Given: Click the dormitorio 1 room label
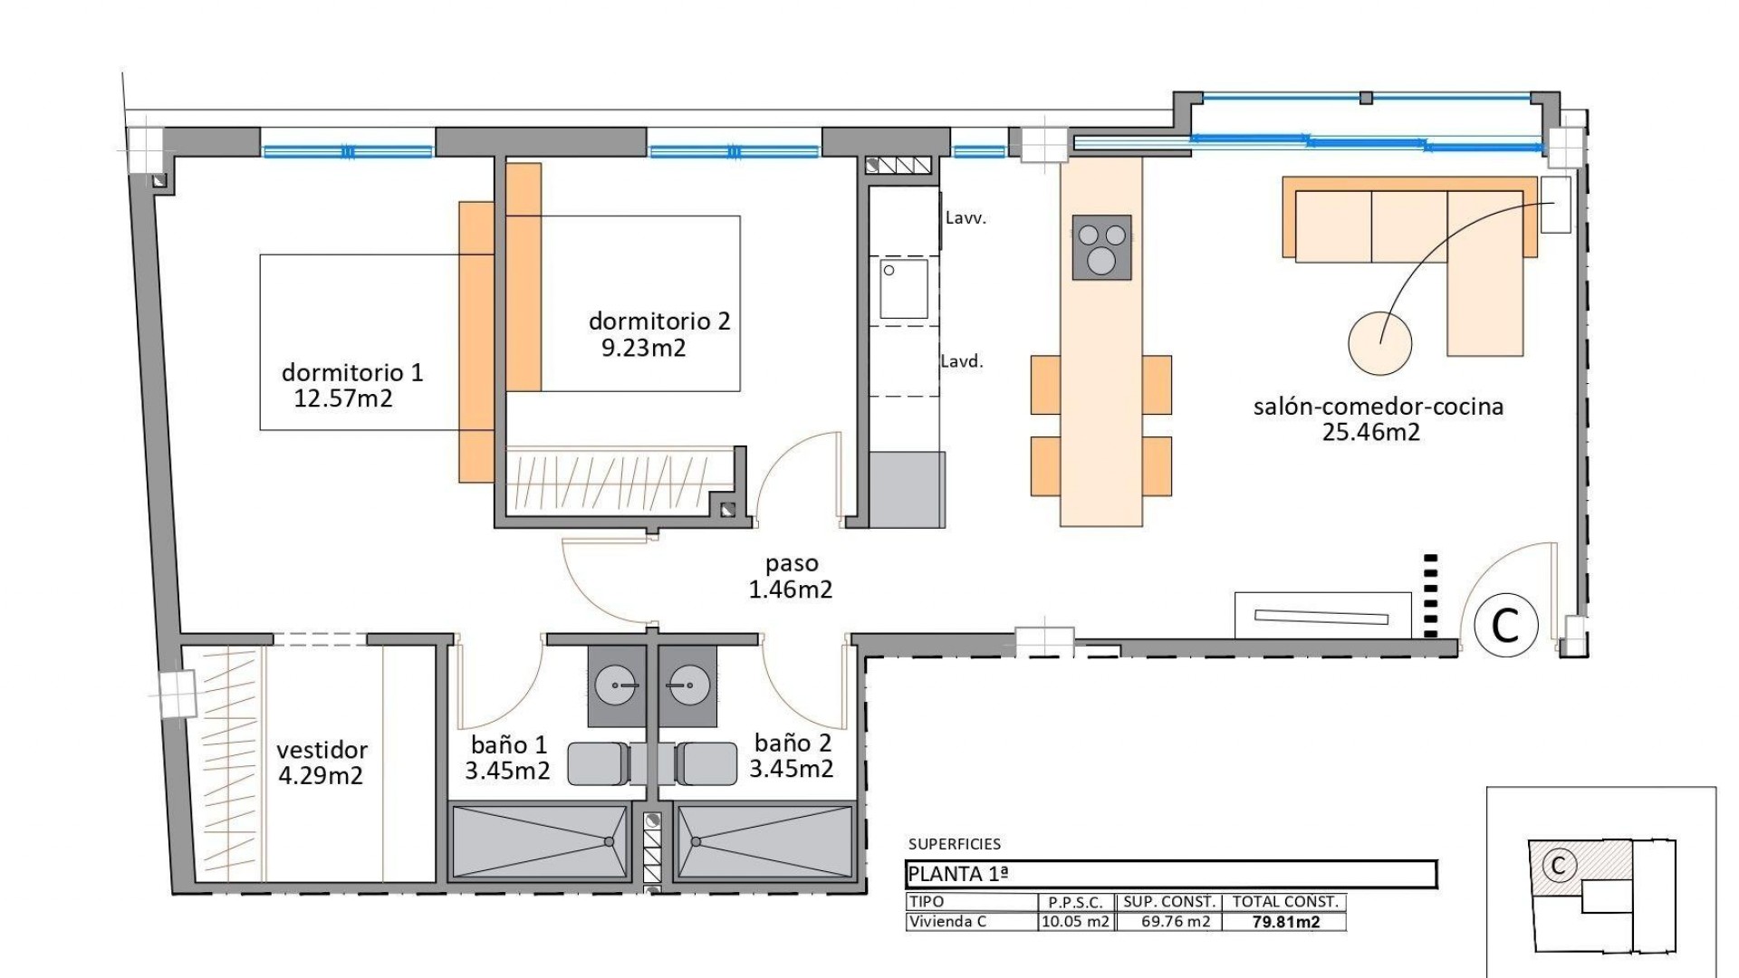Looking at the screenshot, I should click(x=352, y=372).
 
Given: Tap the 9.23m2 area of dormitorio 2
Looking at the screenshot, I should click(x=643, y=348).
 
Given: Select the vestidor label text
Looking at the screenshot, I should click(x=322, y=750).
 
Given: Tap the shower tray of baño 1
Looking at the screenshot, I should click(x=540, y=842).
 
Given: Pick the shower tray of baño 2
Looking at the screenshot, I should click(x=764, y=842).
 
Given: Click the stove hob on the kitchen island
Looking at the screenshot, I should click(x=1101, y=247).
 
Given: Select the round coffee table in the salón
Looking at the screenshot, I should click(x=1379, y=343).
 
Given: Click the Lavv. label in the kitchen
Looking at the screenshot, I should click(x=965, y=218).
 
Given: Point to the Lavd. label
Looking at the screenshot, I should click(x=961, y=361).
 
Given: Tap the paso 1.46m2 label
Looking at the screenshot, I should click(x=791, y=577).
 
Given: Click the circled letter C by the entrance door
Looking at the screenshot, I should click(x=1505, y=624).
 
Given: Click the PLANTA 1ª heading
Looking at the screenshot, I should click(x=957, y=874).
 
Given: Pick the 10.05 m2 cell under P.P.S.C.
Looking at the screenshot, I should click(x=1075, y=922).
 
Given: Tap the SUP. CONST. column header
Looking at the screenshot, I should click(x=1168, y=902).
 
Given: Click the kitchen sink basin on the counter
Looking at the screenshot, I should click(x=904, y=289).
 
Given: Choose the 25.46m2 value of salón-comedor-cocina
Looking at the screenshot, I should click(x=1370, y=432).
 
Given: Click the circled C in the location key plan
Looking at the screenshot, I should click(x=1558, y=866).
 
